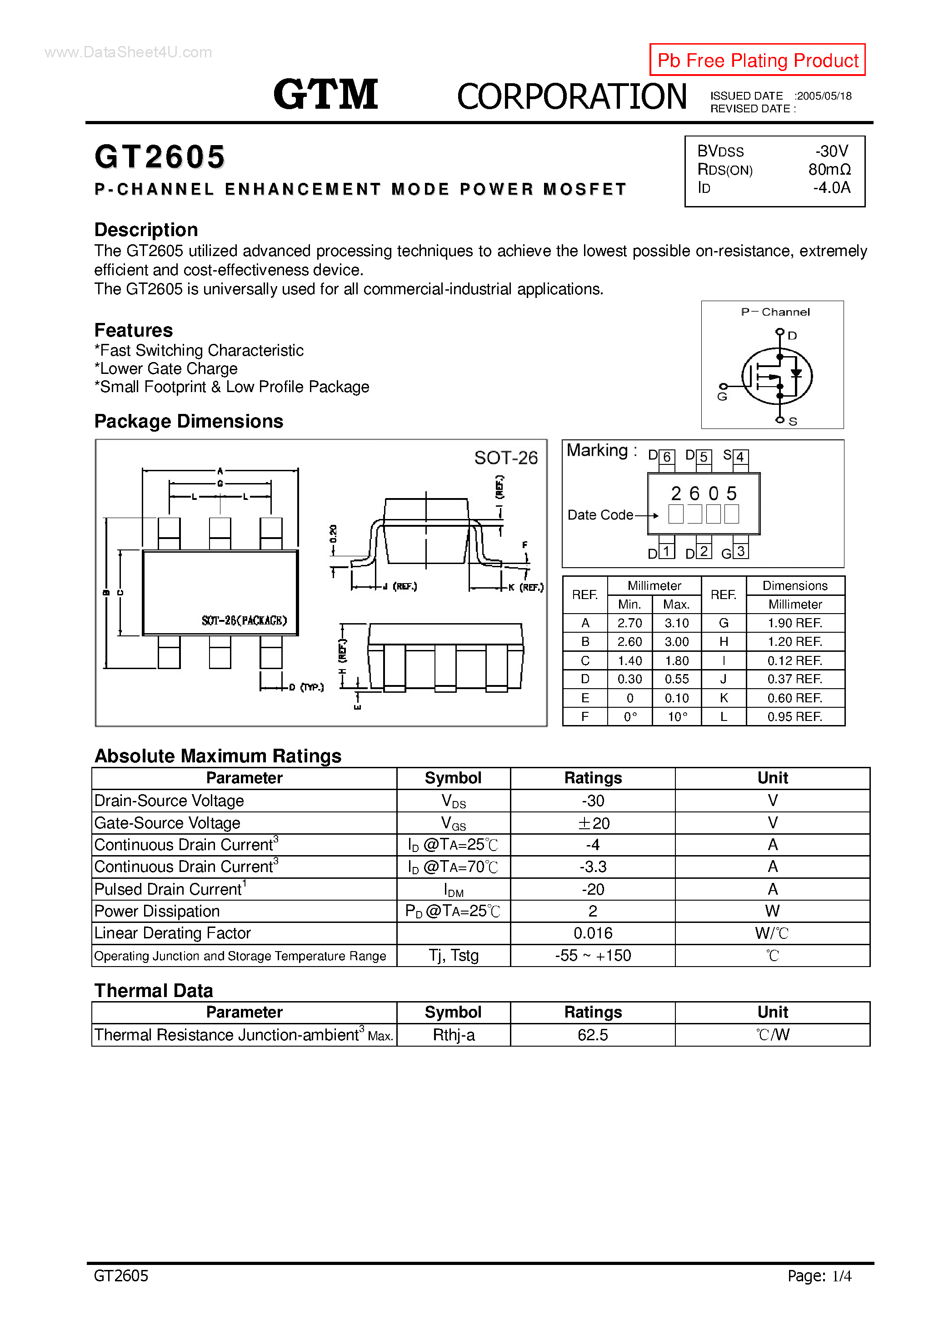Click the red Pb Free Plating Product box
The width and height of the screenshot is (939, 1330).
tap(757, 60)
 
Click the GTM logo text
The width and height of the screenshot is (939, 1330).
tap(325, 95)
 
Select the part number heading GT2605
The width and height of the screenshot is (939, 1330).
tap(160, 157)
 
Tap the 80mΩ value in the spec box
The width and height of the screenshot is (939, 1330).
tap(829, 170)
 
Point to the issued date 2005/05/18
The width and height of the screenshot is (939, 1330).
tap(824, 96)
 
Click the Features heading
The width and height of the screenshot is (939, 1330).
tap(133, 330)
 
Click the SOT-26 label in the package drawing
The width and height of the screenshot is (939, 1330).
tap(505, 458)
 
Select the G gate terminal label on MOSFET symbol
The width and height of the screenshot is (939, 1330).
tap(721, 397)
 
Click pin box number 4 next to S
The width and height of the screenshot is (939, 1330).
tap(740, 457)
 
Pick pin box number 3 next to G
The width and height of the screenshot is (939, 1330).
tap(740, 551)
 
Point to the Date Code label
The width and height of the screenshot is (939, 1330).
tap(600, 515)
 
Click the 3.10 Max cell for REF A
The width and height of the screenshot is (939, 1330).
tap(676, 623)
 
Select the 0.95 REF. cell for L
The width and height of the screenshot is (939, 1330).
tap(794, 716)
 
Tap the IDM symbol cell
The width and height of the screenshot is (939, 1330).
tap(453, 890)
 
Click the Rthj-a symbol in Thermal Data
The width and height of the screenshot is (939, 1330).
tap(453, 1035)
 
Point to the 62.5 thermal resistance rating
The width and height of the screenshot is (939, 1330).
tap(593, 1035)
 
